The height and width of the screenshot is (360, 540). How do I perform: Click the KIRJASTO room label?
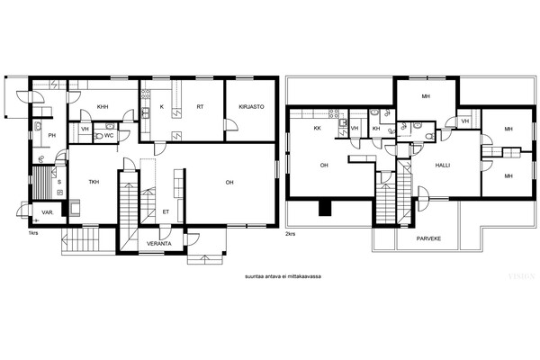tap(251, 107)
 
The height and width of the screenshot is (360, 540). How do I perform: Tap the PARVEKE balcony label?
tap(428, 238)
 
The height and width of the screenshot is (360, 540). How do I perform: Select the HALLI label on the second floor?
tap(443, 166)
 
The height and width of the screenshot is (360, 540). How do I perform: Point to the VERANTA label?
tap(159, 244)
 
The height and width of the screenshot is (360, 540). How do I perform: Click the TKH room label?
tap(94, 182)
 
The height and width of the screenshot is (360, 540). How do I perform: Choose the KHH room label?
tap(103, 107)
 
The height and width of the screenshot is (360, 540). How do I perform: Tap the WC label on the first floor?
tap(109, 136)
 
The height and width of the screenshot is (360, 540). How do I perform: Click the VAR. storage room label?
tap(47, 212)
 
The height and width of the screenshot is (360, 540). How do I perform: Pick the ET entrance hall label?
tap(166, 212)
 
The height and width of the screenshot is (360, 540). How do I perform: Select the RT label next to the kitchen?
tap(200, 107)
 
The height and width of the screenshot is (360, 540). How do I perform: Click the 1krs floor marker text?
tap(33, 233)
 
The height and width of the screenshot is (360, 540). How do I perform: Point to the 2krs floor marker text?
tap(291, 234)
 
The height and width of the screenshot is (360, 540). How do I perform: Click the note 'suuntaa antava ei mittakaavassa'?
tap(283, 276)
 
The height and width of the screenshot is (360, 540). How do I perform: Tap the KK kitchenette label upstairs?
tap(318, 128)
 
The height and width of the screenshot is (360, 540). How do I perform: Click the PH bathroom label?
tap(52, 135)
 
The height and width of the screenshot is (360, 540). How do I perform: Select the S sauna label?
tap(59, 182)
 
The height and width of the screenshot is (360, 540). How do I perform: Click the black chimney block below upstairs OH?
tap(325, 208)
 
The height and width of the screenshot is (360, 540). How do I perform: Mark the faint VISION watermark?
tap(522, 276)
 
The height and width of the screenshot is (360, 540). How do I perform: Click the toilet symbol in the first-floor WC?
tap(98, 136)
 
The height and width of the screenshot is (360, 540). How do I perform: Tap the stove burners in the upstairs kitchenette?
tap(333, 114)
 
